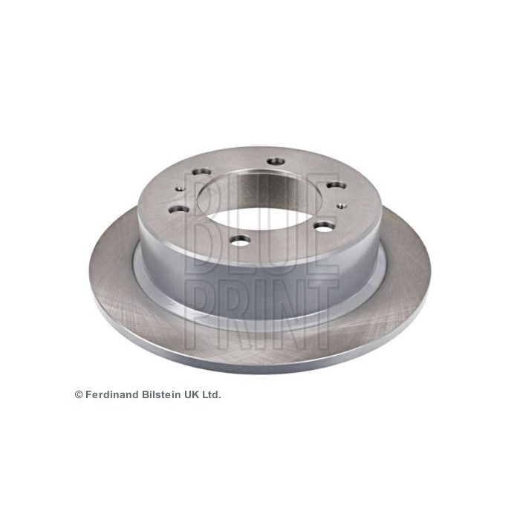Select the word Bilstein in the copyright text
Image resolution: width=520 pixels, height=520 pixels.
(159, 395)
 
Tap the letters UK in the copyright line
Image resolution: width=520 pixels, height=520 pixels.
(190, 395)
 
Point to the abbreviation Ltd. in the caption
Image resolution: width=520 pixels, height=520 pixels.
(211, 395)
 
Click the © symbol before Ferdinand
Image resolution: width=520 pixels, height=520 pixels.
(79, 395)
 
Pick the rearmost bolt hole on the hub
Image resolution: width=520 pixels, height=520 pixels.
(276, 160)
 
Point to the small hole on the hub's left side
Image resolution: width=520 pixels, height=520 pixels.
(179, 190)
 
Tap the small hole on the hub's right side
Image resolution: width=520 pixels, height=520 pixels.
(339, 206)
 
